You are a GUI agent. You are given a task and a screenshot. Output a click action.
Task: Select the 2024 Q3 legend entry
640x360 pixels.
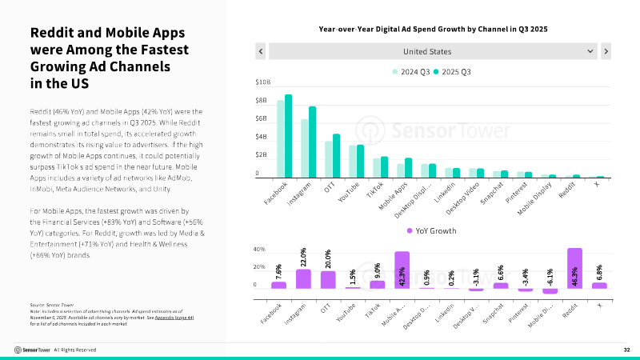click(411, 72)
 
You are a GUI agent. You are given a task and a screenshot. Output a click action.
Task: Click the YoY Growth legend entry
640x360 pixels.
click(433, 230)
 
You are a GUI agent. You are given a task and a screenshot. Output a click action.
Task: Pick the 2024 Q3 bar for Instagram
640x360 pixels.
click(305, 148)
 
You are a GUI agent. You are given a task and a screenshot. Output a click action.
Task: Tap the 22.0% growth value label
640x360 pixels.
click(304, 258)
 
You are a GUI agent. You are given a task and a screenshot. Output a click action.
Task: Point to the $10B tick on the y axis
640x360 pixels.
click(262, 82)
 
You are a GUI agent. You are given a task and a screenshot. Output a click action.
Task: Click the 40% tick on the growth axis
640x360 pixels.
click(259, 250)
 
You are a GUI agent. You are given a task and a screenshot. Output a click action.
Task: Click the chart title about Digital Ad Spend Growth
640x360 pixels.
click(432, 28)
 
